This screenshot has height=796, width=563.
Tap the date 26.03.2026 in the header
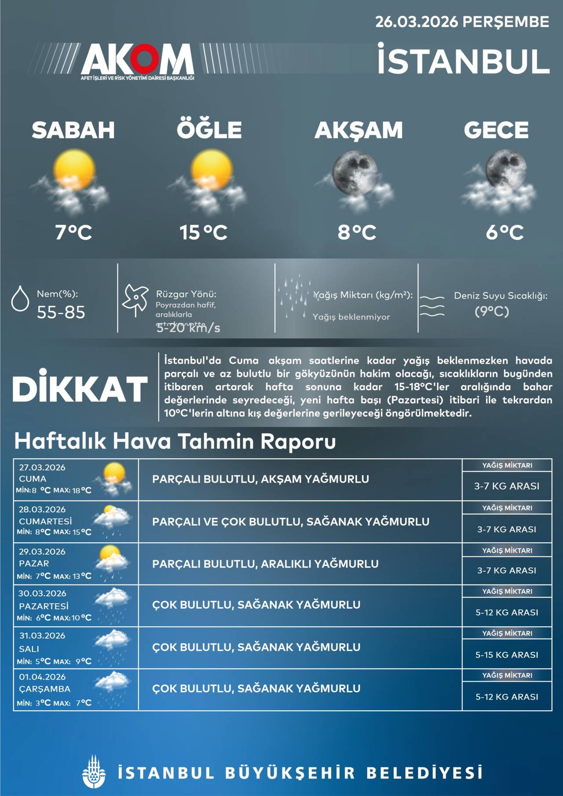coord(416,22)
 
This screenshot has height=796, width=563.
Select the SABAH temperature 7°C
coord(73,232)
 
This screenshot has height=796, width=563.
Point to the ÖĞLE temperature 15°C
coord(203,232)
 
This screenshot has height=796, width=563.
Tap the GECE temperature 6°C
coord(505,232)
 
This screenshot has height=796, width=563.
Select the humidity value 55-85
coord(61,312)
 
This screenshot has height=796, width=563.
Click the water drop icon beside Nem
coord(20,299)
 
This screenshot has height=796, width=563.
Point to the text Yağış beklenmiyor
coord(351,317)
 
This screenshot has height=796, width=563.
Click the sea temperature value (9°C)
coord(491,311)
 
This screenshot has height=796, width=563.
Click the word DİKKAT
coord(80,389)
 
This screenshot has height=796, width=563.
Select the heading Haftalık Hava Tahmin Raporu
coord(175,441)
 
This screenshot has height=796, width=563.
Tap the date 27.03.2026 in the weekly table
coord(42,467)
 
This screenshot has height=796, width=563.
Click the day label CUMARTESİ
coord(45,521)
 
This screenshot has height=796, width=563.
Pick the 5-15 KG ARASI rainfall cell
coord(507,655)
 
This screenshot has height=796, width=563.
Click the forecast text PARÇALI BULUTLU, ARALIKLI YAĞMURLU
coord(265,564)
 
